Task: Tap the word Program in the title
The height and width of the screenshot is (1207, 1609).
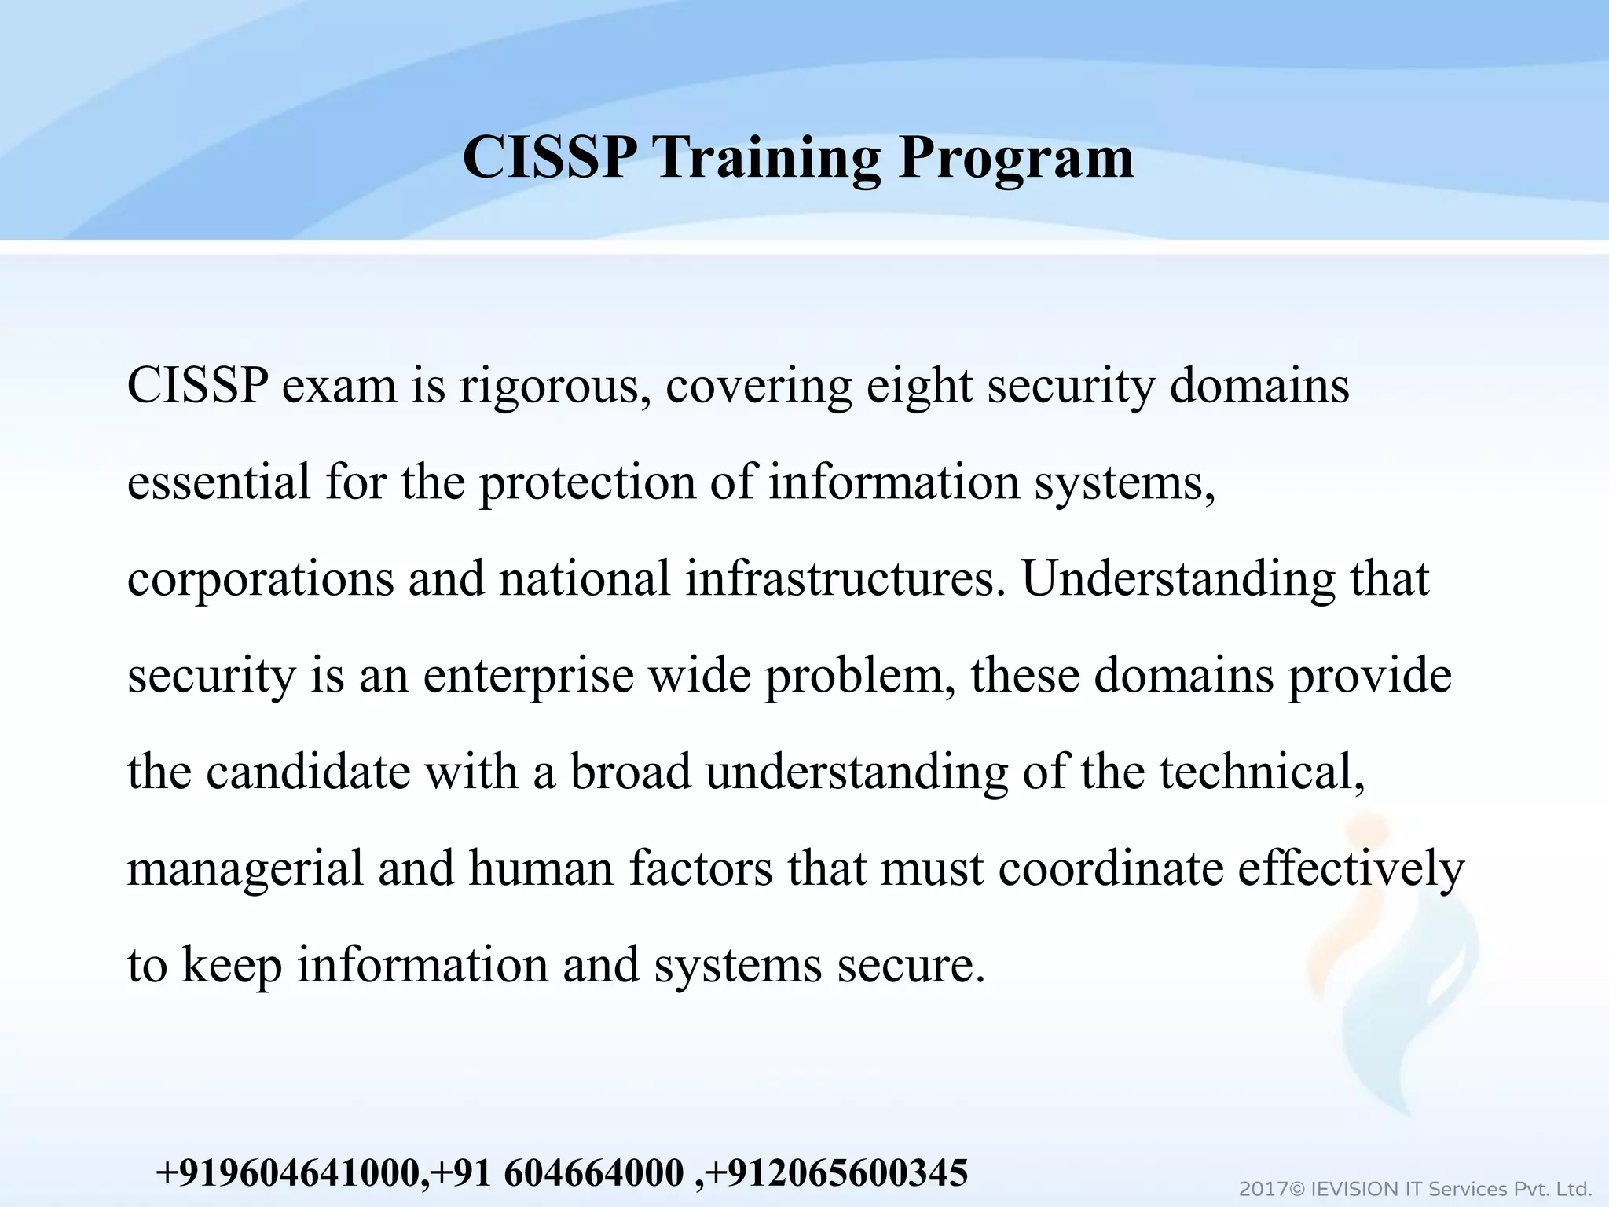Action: tap(1016, 157)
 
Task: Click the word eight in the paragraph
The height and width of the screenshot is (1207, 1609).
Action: tap(918, 387)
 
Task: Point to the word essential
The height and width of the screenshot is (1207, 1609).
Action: tap(218, 482)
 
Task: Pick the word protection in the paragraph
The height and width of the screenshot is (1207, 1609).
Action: tap(587, 482)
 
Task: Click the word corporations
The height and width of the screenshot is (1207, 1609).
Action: tap(260, 578)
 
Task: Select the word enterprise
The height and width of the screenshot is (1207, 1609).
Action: tap(528, 675)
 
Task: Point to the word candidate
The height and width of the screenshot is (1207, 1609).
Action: tap(308, 772)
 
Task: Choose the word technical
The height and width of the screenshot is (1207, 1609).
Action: tap(1262, 772)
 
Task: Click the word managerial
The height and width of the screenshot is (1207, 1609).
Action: tap(245, 868)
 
